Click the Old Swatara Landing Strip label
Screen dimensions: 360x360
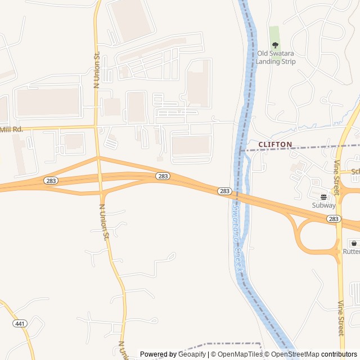tap(276, 57)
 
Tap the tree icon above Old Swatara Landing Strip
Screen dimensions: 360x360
tap(275, 45)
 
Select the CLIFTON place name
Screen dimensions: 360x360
tap(275, 145)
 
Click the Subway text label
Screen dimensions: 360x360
tap(324, 205)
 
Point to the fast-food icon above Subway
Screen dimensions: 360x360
tap(324, 197)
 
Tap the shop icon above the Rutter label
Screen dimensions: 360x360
tap(354, 244)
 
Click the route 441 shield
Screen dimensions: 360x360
tap(20, 323)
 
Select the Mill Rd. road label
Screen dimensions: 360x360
tap(11, 129)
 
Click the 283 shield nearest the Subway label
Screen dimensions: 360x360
tap(334, 218)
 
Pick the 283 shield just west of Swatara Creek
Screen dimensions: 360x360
tap(224, 191)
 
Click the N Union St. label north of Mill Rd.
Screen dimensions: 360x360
tap(96, 71)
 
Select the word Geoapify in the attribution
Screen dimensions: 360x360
tap(192, 354)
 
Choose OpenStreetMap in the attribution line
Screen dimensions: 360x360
tap(295, 354)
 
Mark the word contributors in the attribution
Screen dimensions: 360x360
tap(339, 354)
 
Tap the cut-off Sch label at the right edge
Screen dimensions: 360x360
tap(355, 172)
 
